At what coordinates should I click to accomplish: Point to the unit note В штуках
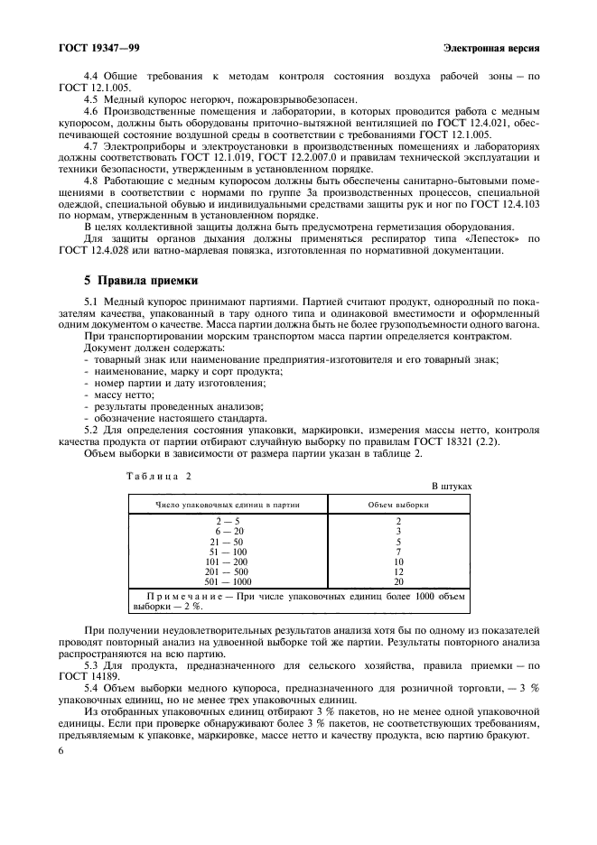451,486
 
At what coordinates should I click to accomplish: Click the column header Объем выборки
398,504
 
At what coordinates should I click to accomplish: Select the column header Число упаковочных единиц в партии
227,504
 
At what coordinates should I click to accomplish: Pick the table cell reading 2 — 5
226,521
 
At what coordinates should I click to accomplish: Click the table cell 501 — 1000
226,581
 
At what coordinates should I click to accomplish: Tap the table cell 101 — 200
226,561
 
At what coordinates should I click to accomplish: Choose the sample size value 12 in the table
398,571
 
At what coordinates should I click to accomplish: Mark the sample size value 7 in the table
398,551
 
